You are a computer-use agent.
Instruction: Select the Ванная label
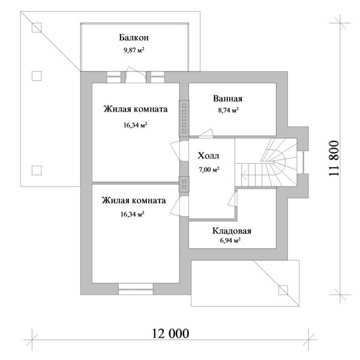[227, 99]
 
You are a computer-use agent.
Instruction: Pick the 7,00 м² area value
[208, 170]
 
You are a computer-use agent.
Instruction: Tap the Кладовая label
[231, 231]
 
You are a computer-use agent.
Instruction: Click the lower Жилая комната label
[134, 201]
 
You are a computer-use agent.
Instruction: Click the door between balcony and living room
[134, 75]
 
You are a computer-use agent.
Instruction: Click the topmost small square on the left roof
[37, 27]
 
